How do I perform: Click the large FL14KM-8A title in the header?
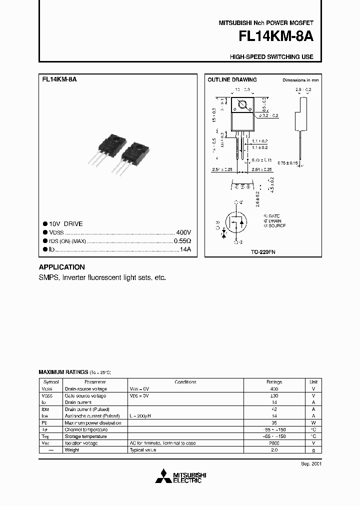pyautogui.click(x=276, y=38)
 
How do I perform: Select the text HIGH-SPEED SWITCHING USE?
pyautogui.click(x=271, y=57)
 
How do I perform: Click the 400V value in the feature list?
pyautogui.click(x=183, y=232)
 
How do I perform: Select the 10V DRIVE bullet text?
pyautogui.click(x=66, y=224)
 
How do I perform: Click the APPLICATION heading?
pyautogui.click(x=62, y=267)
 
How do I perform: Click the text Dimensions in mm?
pyautogui.click(x=300, y=80)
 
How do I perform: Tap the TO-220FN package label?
pyautogui.click(x=262, y=253)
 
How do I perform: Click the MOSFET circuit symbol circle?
pyautogui.click(x=237, y=222)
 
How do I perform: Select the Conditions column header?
pyautogui.click(x=185, y=381)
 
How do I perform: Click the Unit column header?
pyautogui.click(x=313, y=381)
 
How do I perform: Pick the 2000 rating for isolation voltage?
pyautogui.click(x=274, y=443)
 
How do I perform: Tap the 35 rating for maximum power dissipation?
pyautogui.click(x=274, y=422)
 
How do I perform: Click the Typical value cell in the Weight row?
pyautogui.click(x=143, y=450)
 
